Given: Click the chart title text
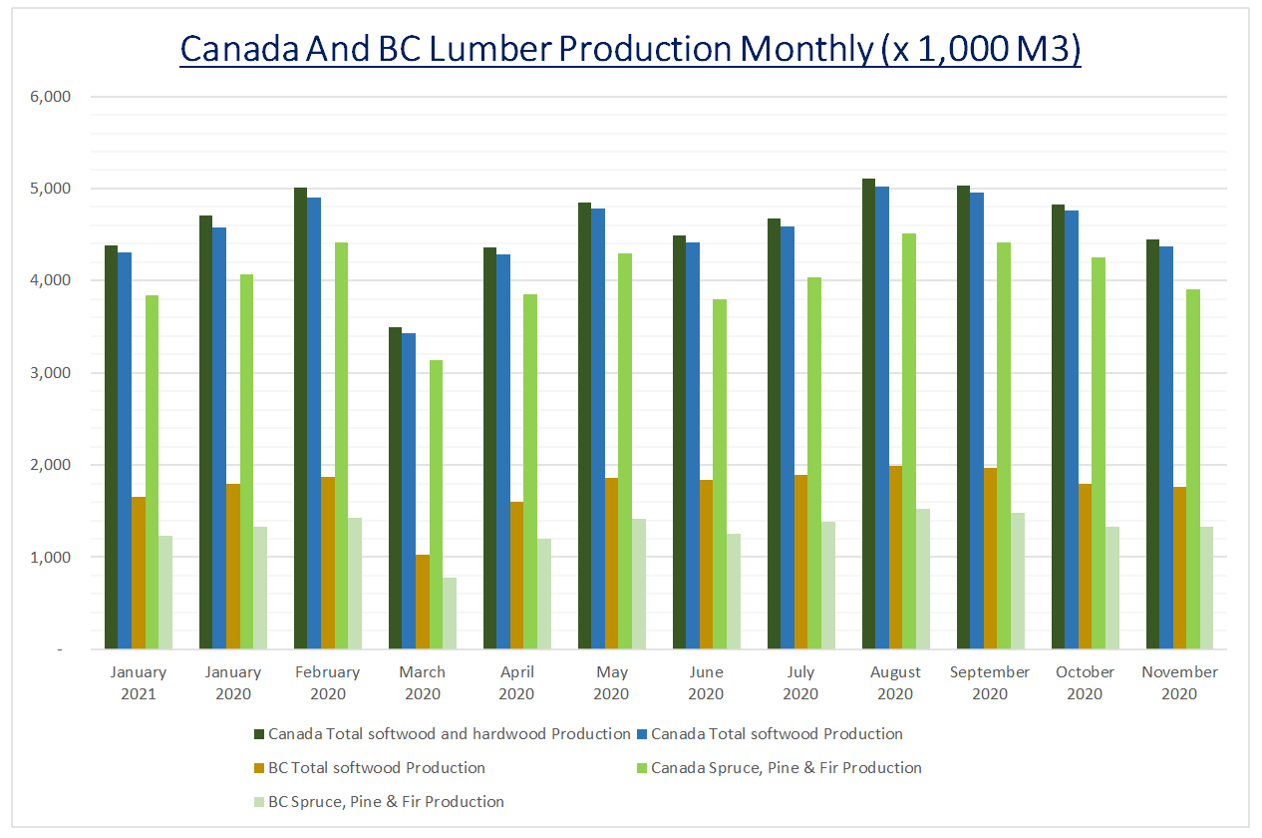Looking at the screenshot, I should coord(630,48).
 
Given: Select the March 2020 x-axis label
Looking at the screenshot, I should coord(422,682).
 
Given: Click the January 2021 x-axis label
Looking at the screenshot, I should coord(139,682).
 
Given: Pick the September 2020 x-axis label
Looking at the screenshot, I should coord(990,682).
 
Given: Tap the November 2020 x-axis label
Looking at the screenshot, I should coord(1179,682).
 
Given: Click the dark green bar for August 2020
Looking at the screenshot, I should coord(868,414).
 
